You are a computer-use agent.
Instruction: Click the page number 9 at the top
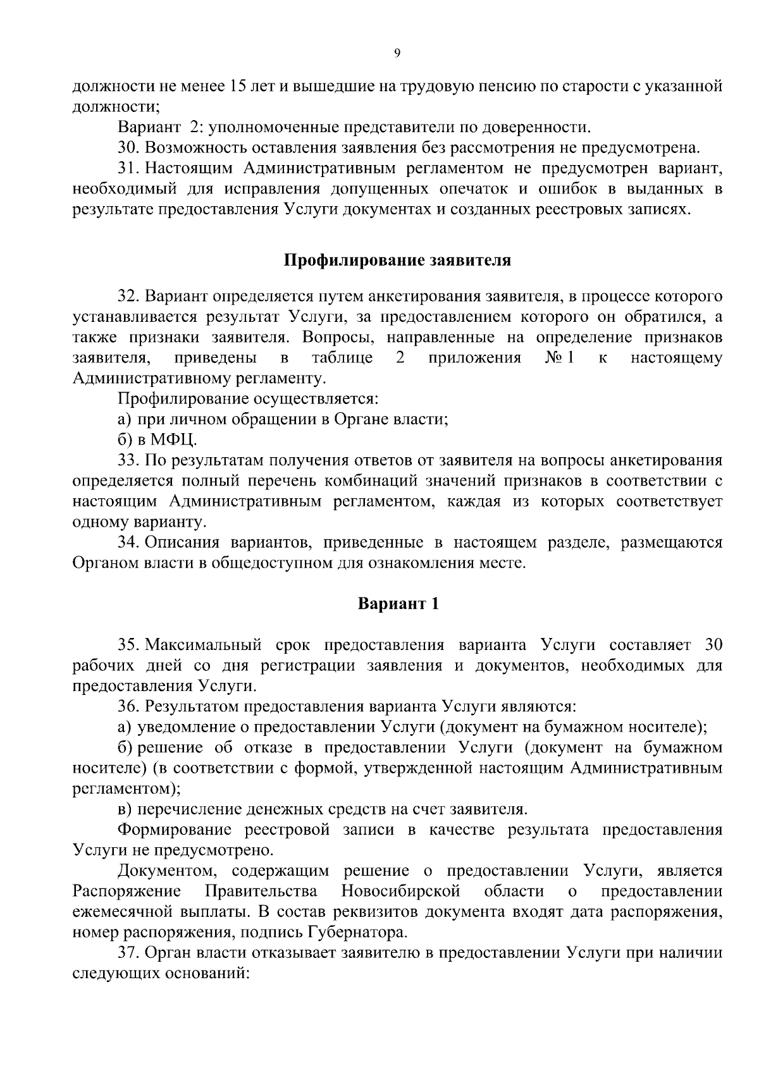click(397, 54)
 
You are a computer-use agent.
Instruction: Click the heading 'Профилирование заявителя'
click(397, 261)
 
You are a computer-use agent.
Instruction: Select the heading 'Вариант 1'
click(398, 603)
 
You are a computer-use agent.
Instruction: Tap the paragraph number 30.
click(128, 148)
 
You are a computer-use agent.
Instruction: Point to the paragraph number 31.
click(128, 168)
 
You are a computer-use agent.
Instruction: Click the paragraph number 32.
click(128, 296)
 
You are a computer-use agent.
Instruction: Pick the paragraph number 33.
click(128, 460)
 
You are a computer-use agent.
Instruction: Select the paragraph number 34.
click(128, 543)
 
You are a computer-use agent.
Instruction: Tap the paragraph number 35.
click(128, 645)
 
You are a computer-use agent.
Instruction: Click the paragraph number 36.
click(128, 706)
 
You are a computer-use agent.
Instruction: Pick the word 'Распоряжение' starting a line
click(126, 892)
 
